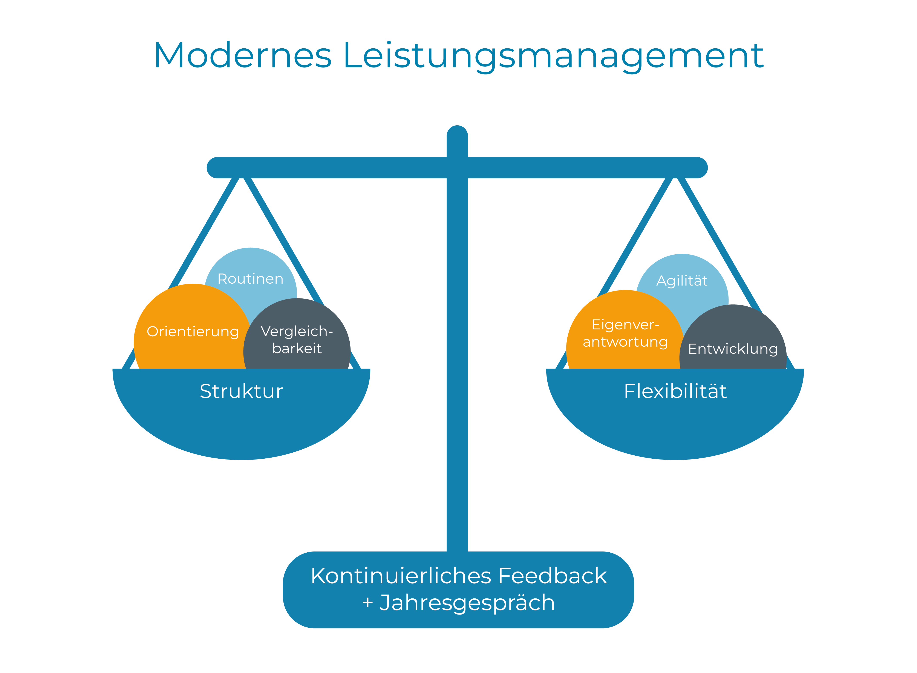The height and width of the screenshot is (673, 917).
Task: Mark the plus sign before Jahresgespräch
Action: pyautogui.click(x=367, y=602)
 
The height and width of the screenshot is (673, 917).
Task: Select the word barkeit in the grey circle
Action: pyautogui.click(x=297, y=348)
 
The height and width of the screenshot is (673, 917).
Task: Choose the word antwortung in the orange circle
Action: pyautogui.click(x=625, y=342)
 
